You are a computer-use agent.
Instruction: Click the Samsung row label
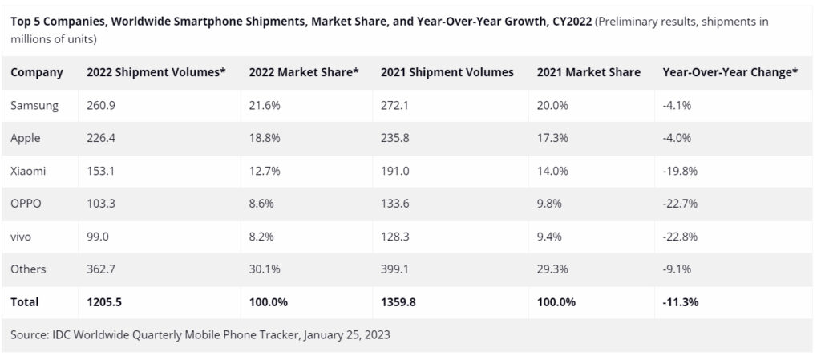[34, 106]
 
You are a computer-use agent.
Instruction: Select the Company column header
[37, 72]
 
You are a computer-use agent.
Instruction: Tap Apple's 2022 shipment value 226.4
[102, 139]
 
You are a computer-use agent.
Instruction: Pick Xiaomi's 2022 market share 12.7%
[265, 172]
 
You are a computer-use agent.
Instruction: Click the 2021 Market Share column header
[588, 72]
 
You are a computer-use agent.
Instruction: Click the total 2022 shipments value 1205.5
[105, 302]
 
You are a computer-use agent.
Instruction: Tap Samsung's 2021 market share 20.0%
[553, 106]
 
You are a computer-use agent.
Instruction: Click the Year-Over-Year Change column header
[730, 72]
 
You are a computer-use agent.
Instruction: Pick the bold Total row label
[25, 302]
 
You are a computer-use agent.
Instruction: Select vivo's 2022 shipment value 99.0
[99, 237]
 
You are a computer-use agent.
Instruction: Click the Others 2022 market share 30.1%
[265, 269]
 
